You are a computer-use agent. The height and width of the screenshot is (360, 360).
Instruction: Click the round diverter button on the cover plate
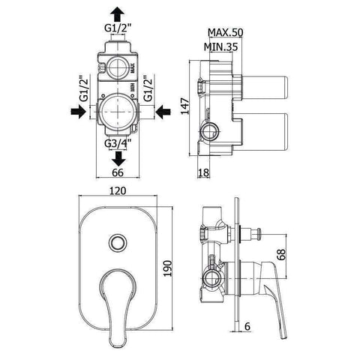click(x=116, y=241)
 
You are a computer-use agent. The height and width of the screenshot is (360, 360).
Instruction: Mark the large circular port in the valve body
click(x=118, y=112)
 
